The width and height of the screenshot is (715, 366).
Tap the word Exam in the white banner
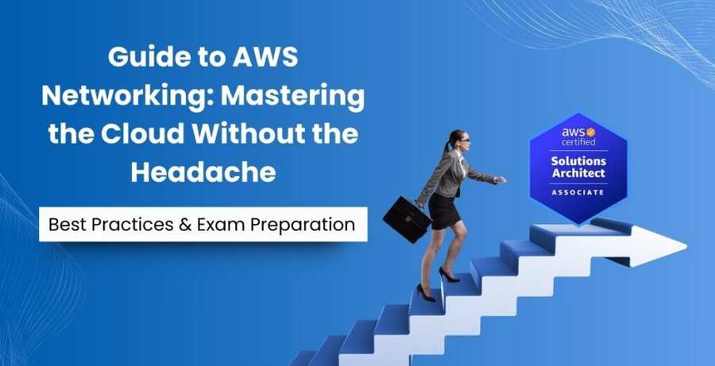222,225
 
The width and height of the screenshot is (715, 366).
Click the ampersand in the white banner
184,225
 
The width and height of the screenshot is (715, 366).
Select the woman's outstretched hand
499,180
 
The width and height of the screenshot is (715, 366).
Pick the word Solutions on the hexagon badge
578,161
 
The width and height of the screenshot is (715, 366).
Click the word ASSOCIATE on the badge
578,192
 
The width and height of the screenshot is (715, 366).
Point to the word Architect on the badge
578,173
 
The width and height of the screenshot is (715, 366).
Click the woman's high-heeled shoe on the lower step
426,293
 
